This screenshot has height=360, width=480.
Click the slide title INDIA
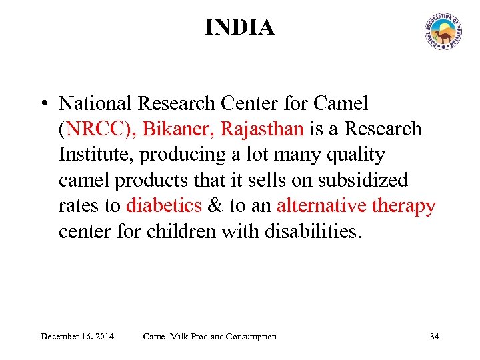[239, 27]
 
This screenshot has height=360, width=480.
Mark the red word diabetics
[164, 206]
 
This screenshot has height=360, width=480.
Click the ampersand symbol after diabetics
[215, 206]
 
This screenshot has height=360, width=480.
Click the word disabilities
[314, 232]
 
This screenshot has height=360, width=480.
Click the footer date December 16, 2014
[77, 336]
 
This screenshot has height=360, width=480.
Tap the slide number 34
[434, 336]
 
